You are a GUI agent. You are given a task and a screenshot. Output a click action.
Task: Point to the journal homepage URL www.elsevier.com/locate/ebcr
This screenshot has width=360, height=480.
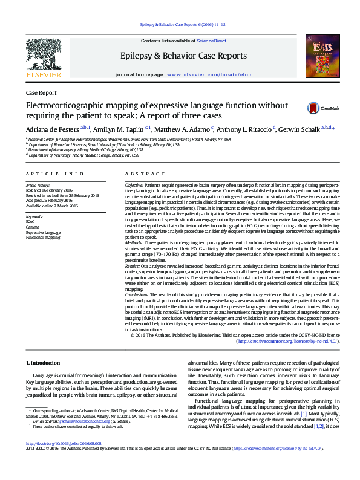(x=208, y=74)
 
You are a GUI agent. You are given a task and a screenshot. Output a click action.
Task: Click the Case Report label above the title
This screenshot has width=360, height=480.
(x=41, y=93)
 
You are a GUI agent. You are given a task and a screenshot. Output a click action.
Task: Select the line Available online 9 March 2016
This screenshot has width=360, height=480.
(x=52, y=206)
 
